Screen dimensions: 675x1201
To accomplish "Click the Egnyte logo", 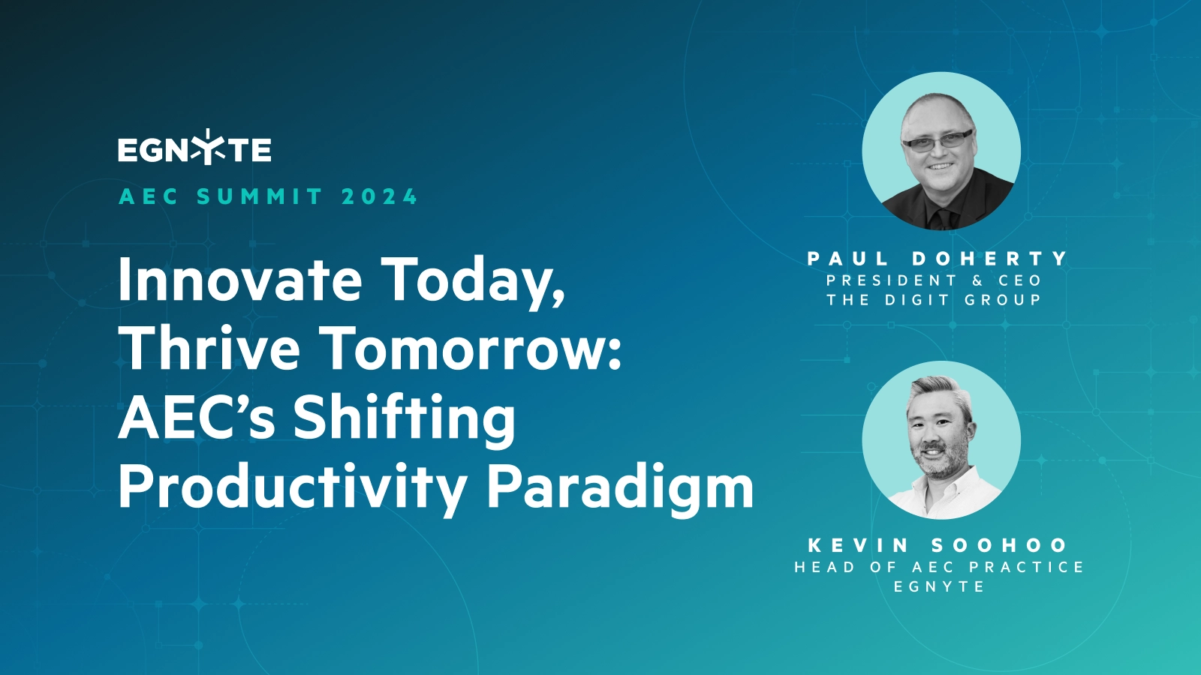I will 194,148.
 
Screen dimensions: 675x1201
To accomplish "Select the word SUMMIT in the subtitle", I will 260,197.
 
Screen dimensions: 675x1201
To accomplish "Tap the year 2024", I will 379,197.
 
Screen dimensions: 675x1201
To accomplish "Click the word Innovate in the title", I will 240,280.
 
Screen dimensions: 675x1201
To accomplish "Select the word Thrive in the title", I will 209,349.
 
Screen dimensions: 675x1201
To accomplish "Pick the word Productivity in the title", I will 292,488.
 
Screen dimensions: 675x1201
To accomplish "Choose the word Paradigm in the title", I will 620,488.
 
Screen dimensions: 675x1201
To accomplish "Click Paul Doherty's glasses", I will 938,140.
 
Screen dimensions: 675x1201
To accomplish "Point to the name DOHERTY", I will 990,259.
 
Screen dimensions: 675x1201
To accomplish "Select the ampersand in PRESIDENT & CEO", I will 977,280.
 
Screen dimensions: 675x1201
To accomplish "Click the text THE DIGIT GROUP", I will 934,300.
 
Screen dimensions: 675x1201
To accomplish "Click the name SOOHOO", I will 999,545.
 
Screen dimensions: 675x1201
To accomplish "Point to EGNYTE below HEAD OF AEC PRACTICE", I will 939,587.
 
